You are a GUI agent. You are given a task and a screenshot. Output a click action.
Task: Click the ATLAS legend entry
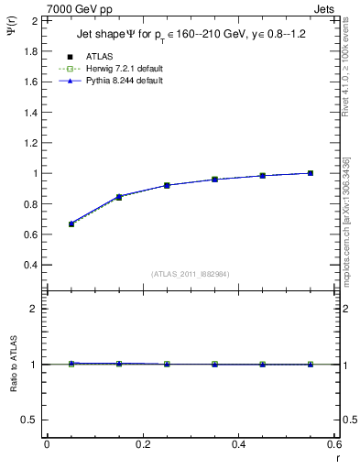(x=101, y=56)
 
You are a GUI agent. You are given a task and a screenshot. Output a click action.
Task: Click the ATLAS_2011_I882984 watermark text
(x=190, y=274)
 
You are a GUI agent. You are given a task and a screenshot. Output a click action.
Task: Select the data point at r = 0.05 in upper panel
(x=71, y=224)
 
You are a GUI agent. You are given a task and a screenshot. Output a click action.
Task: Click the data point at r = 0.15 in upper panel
(x=119, y=197)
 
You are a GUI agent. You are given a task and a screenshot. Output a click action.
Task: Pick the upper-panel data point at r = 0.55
(x=311, y=173)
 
